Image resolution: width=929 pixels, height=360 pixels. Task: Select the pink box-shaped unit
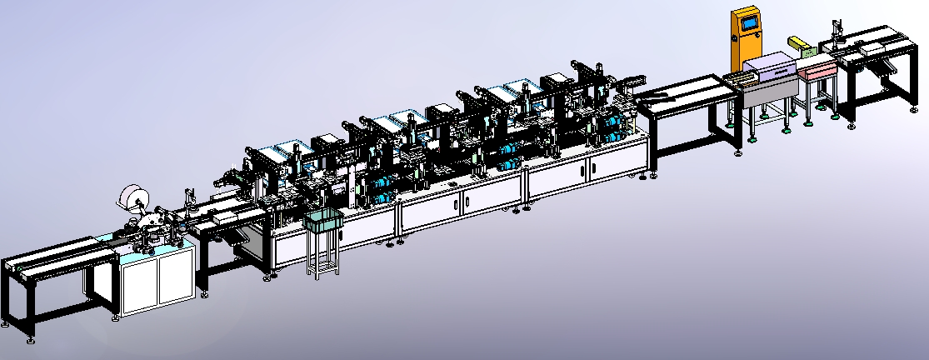[814, 71]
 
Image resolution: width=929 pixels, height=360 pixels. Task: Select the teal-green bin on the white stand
[323, 221]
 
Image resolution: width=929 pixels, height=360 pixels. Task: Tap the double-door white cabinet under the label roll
[157, 279]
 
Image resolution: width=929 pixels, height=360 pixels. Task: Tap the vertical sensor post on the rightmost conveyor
[834, 33]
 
